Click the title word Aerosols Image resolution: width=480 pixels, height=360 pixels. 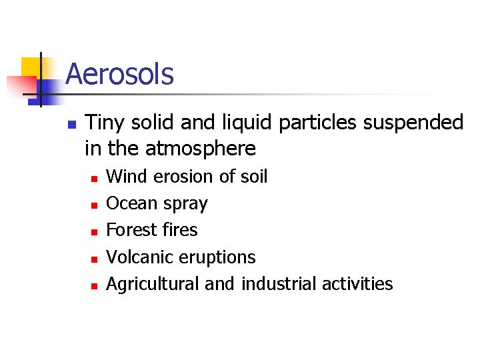pos(119,74)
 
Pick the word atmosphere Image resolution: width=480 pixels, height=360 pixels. pos(201,148)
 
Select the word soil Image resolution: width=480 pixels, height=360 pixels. pos(253,177)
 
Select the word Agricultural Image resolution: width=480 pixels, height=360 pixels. pos(153,284)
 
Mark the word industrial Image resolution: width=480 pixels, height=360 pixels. pos(279,284)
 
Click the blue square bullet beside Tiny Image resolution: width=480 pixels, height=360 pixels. pos(72,124)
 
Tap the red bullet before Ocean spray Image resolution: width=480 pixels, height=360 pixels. pos(94,205)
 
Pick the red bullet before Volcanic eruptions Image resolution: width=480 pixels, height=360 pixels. pos(94,259)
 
